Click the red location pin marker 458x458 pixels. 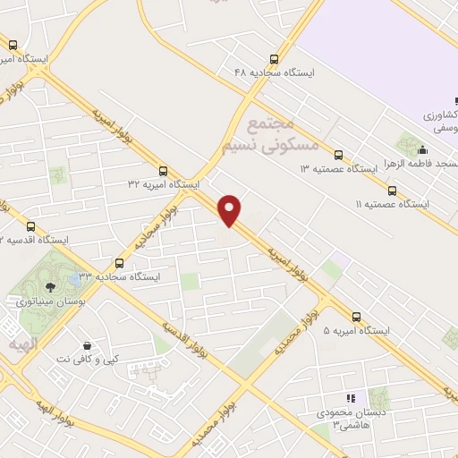tap(231, 210)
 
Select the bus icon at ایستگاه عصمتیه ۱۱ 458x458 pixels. tap(392, 190)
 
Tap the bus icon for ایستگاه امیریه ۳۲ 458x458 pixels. tap(162, 170)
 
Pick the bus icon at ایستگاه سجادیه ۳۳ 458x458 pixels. tap(121, 263)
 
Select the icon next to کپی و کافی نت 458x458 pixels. tap(87, 344)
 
